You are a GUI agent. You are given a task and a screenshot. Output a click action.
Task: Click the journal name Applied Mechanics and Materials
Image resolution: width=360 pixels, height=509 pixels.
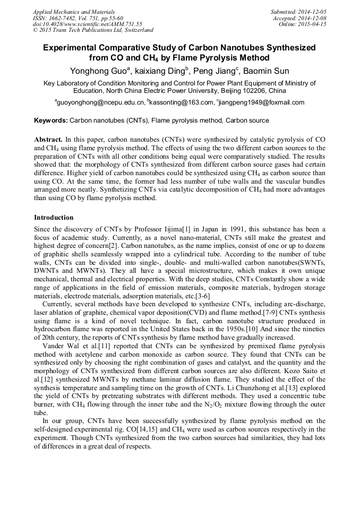[74, 12]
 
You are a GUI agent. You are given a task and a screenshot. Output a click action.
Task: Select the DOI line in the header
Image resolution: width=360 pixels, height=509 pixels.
[88, 24]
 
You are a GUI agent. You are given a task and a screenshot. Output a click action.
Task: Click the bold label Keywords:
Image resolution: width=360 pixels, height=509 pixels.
[51, 120]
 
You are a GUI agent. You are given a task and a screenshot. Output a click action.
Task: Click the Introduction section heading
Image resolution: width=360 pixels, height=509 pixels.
[54, 218]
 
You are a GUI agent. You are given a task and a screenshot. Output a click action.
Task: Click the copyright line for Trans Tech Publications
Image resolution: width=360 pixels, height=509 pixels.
[93, 30]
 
